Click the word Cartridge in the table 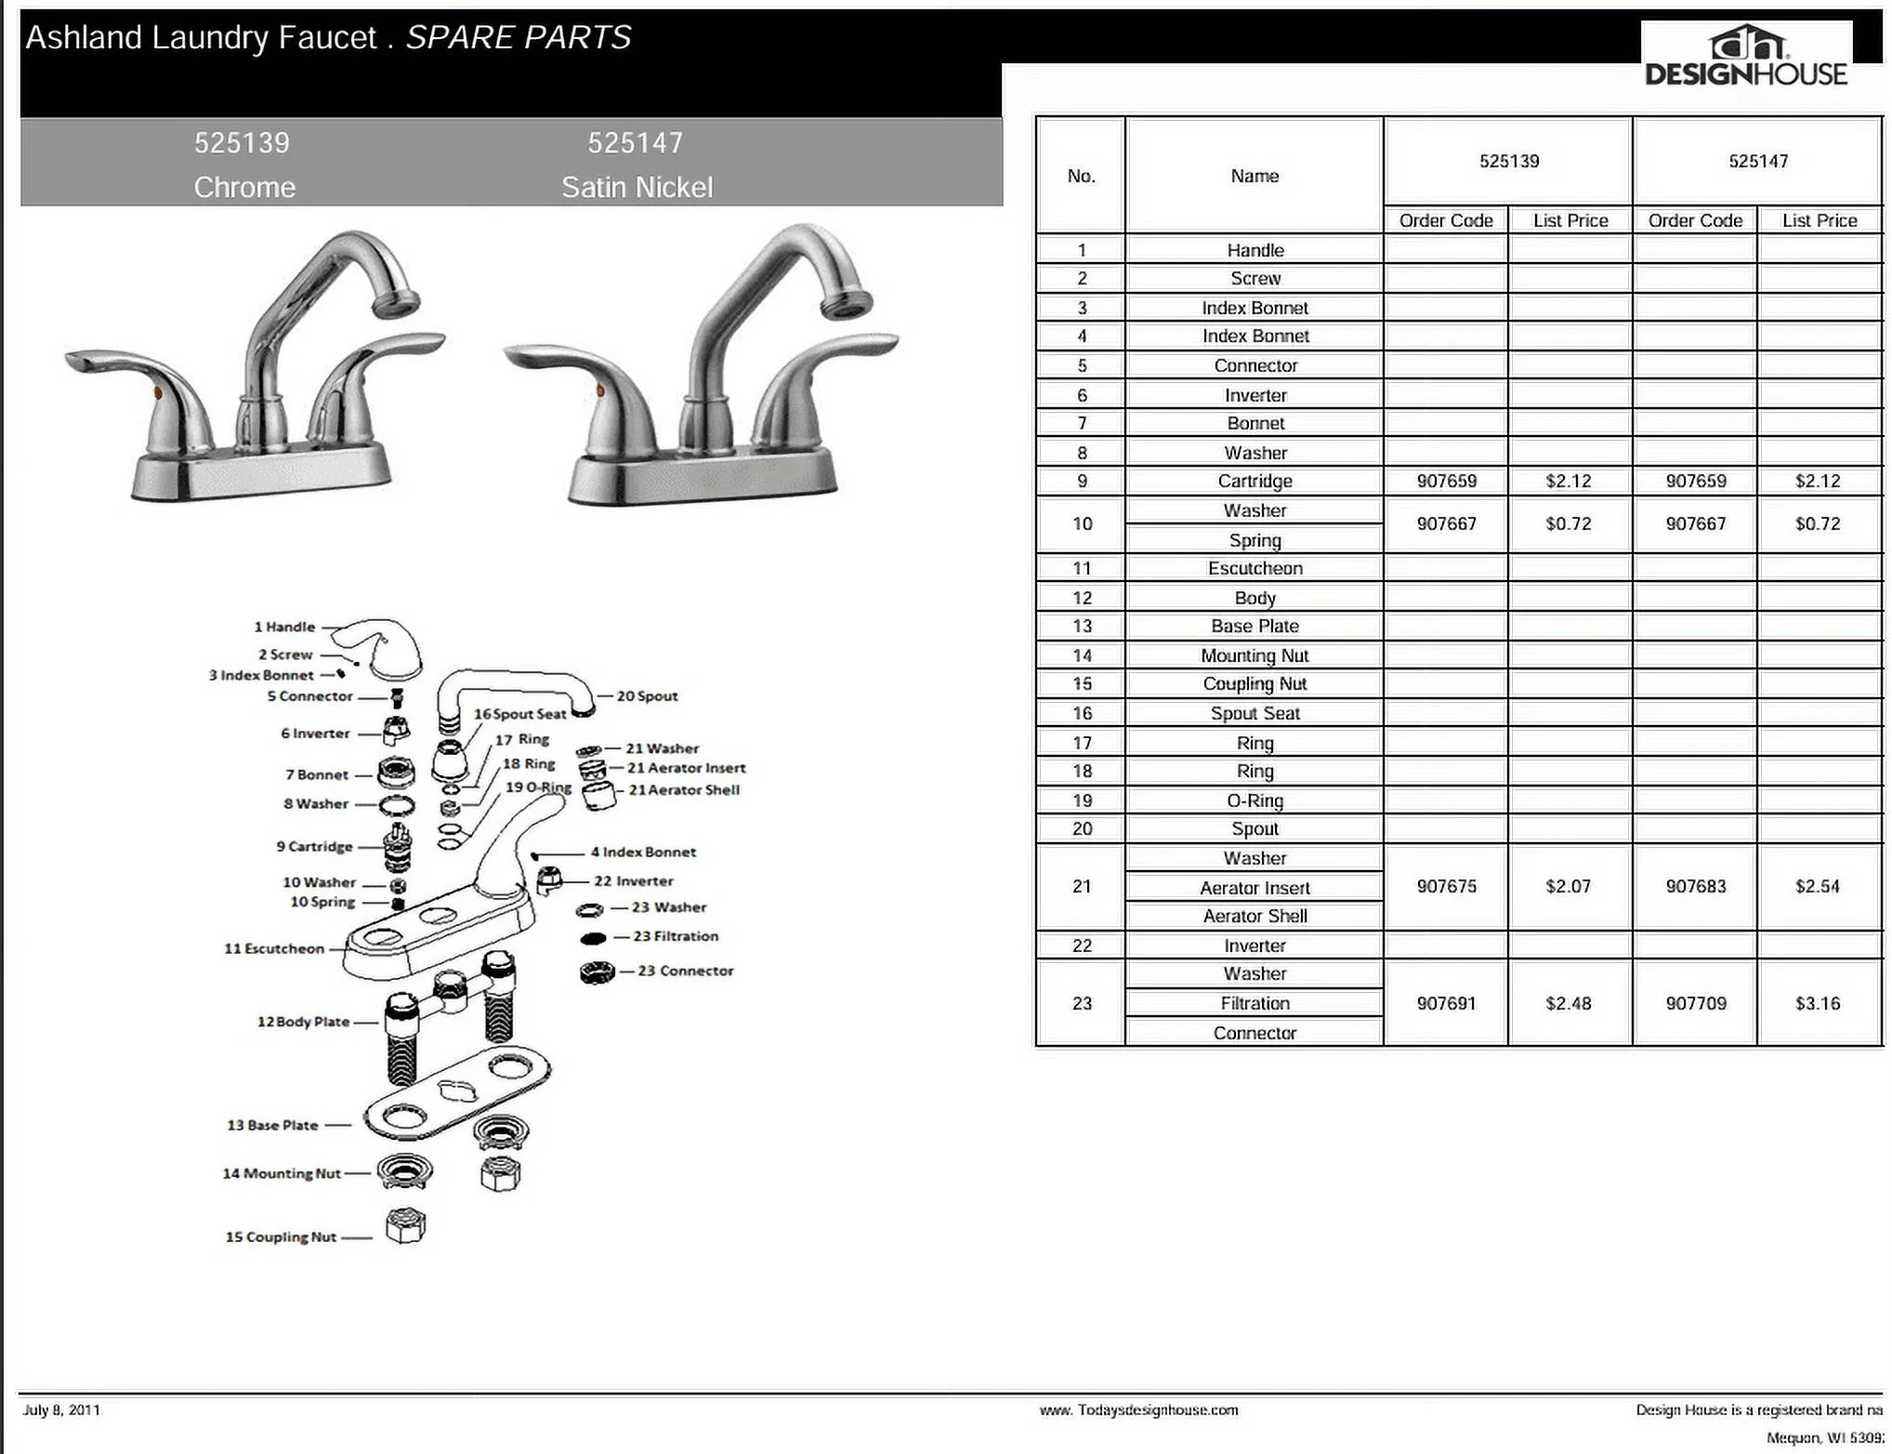click(x=1255, y=481)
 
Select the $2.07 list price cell click(x=1569, y=886)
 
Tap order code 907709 click(x=1696, y=1003)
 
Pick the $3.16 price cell click(x=1818, y=1003)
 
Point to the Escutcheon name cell click(x=1255, y=568)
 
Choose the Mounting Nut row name click(x=1255, y=655)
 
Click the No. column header click(x=1081, y=176)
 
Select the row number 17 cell click(x=1082, y=743)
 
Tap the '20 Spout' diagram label click(x=647, y=696)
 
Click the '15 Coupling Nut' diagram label click(x=281, y=1236)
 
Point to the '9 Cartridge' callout click(x=314, y=846)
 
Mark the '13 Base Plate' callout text click(x=272, y=1125)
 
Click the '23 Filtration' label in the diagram click(x=676, y=936)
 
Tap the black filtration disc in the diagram click(x=594, y=938)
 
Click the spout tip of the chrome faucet click(x=394, y=303)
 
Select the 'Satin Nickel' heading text click(x=637, y=187)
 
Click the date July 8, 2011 click(x=61, y=1409)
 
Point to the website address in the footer click(x=1138, y=1410)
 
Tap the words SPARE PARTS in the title click(x=519, y=38)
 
